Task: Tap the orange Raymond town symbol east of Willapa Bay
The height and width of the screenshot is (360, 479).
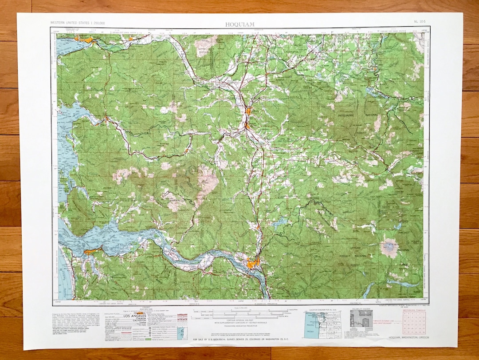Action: (x=106, y=119)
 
